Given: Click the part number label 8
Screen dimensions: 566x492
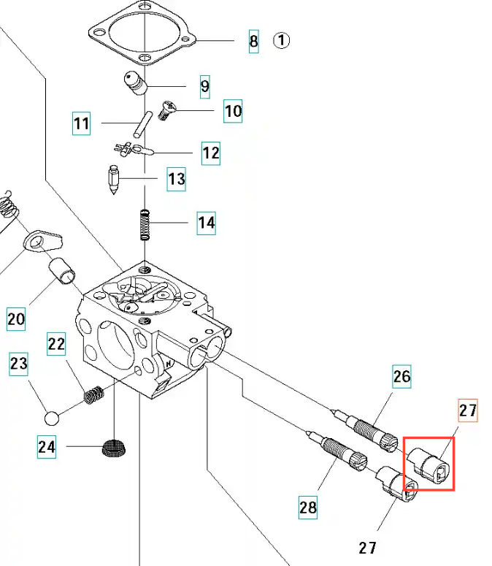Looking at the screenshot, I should point(253,41).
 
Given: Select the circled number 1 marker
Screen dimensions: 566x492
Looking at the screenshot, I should point(282,40).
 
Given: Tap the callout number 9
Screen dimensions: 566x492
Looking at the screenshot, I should point(204,87).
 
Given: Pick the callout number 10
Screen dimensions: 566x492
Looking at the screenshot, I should point(233,111).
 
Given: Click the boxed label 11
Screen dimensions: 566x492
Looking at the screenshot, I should point(82,123).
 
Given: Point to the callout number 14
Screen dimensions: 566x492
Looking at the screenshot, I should point(207,222).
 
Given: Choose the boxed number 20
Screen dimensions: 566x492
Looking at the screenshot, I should point(16,318).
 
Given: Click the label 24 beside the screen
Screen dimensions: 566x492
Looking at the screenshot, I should point(47,445).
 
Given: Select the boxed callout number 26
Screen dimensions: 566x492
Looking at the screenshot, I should point(401,377).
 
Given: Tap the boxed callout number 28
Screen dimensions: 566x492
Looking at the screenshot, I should point(308,506).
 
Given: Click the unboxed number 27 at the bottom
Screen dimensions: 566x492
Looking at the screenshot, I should point(369,548).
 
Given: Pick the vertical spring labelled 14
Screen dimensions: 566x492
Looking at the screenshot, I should point(145,225).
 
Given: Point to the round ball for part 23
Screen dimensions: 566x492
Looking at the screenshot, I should point(52,418).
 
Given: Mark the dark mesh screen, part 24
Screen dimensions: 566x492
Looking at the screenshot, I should point(112,447).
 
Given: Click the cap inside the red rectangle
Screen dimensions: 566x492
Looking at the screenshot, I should point(429,464).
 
